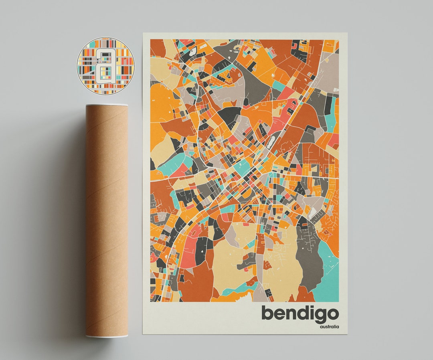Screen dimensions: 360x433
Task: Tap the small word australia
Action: coord(329,327)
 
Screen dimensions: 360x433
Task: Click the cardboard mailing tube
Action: coord(106,220)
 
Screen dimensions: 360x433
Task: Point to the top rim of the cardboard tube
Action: coord(107,105)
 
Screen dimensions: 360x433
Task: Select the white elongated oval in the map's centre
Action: coord(273,141)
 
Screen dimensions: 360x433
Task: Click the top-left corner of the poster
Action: coord(143,33)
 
